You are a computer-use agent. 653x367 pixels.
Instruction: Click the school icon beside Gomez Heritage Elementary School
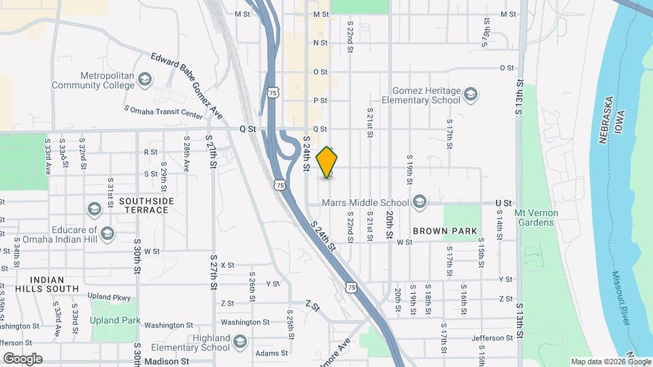[470, 95]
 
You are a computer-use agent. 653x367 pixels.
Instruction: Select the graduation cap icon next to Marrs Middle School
[420, 202]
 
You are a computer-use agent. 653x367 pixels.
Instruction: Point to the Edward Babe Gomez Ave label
[187, 86]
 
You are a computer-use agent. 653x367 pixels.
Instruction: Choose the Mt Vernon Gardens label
[536, 217]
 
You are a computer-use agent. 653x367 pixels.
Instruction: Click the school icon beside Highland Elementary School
[239, 341]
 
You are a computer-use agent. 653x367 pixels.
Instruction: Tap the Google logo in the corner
[22, 359]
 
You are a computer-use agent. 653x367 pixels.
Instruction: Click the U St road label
[503, 203]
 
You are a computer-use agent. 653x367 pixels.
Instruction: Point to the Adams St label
[271, 353]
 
